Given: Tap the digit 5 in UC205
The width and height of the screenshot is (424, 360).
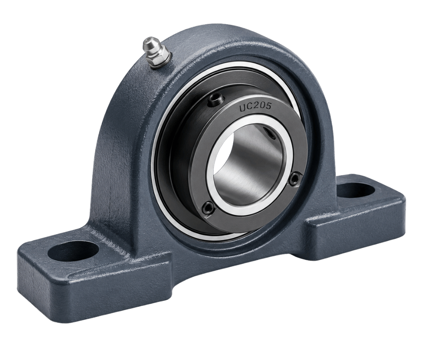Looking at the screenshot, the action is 268,106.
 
